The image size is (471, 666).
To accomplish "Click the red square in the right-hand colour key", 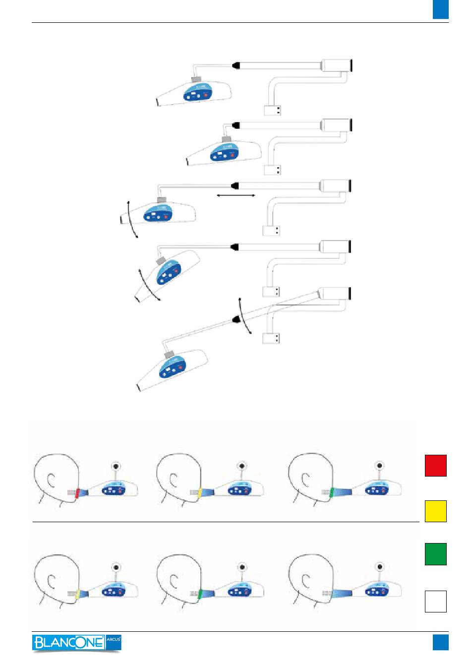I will click(435, 465).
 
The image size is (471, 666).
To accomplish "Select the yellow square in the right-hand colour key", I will click(435, 511).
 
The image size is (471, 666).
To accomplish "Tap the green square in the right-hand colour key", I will click(435, 554).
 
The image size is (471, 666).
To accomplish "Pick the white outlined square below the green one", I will click(435, 601).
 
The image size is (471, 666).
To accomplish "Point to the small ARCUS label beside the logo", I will click(114, 642).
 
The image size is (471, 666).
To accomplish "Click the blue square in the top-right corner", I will click(440, 9).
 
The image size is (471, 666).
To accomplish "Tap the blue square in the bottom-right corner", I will click(440, 642).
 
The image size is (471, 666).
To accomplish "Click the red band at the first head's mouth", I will click(77, 493).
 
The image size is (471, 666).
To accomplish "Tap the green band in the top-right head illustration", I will click(333, 492).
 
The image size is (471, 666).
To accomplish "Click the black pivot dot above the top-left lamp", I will click(116, 466).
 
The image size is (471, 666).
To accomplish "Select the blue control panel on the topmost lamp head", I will click(197, 94).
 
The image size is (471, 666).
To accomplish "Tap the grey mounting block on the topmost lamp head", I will click(196, 79).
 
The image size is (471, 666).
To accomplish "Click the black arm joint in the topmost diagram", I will click(236, 64).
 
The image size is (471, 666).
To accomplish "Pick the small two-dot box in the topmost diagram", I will click(273, 111).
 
